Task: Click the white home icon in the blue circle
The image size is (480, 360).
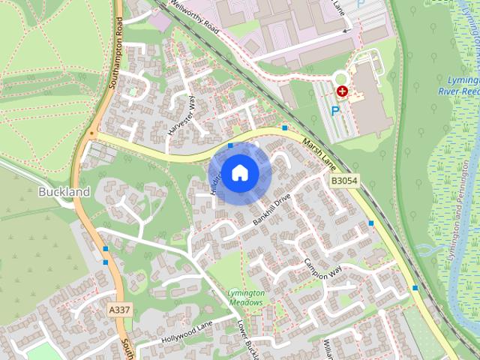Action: point(240,172)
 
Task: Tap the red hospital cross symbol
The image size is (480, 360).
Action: point(343,91)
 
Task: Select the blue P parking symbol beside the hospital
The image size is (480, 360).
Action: point(335,111)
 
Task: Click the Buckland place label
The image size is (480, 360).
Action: point(64,192)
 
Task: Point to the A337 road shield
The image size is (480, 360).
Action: point(118,310)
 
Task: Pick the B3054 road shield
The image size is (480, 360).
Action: point(343,181)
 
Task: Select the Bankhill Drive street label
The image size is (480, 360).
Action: point(271,210)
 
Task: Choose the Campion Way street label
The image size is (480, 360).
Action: point(322,268)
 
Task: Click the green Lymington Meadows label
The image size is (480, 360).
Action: point(246,297)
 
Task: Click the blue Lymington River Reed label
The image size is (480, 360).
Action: point(458,85)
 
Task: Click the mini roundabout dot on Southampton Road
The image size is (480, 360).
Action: point(92,135)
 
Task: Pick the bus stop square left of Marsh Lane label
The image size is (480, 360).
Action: point(285,129)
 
